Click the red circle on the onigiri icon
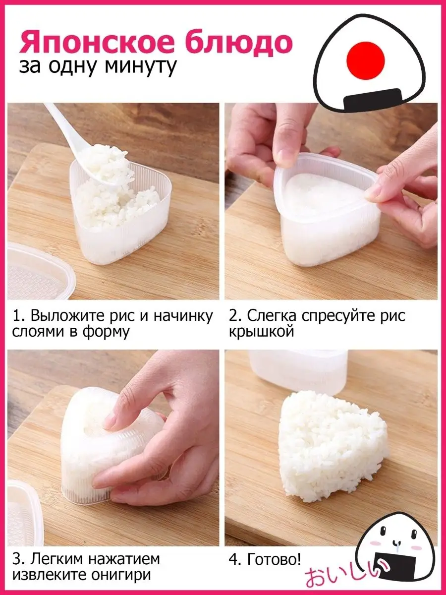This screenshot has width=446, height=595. click(x=366, y=60)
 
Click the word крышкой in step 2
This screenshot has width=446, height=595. click(x=262, y=331)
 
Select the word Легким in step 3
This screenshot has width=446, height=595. click(x=58, y=559)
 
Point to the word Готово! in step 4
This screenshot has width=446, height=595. click(x=274, y=559)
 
